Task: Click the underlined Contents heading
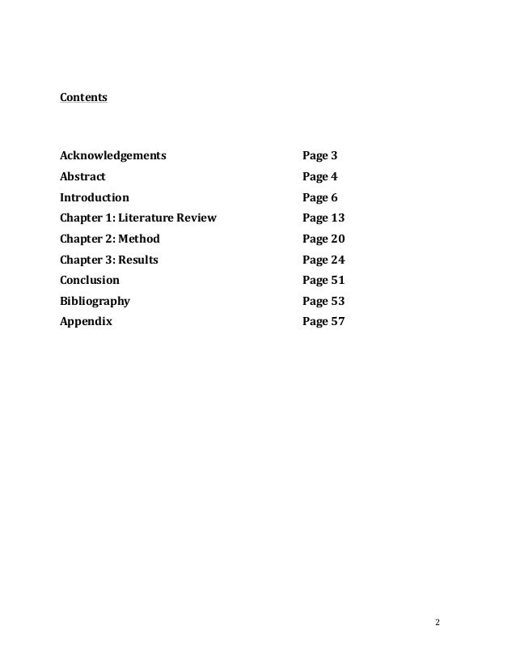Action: coord(83,99)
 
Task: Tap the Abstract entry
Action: coord(82,175)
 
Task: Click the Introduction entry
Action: coord(94,197)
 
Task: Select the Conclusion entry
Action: coord(89,280)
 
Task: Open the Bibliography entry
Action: coord(95,301)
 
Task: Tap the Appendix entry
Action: coord(86,321)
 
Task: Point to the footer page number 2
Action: coord(438,623)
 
